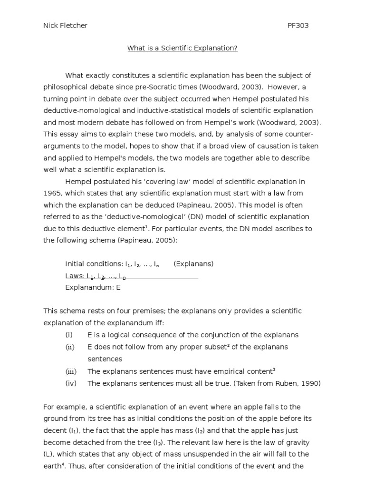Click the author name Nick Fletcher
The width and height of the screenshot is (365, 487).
[65, 26]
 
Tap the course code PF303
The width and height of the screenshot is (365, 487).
[298, 26]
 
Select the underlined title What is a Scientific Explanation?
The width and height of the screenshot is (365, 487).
[182, 49]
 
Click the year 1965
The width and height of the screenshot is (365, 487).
[52, 193]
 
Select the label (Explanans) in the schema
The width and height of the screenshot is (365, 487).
[193, 264]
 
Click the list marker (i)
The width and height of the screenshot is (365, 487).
[69, 335]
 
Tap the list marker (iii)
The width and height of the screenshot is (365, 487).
[70, 371]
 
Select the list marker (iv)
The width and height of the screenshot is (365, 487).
[70, 383]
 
